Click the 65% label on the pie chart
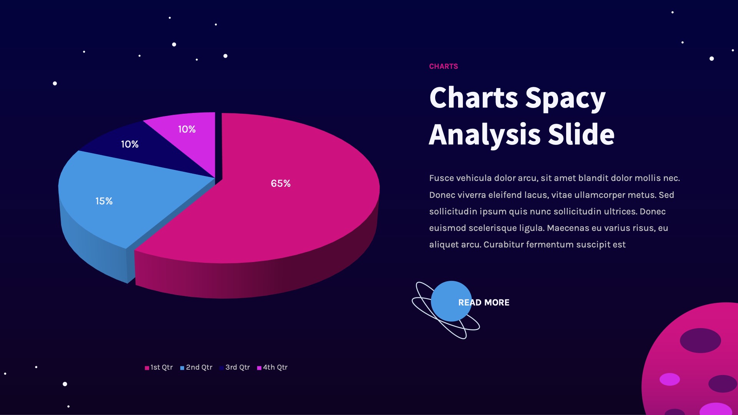[281, 184]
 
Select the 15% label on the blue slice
[104, 201]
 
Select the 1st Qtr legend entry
[159, 367]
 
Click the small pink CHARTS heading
[443, 66]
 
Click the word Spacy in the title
[565, 98]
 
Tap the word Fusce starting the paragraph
[441, 178]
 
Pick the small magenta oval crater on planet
[670, 379]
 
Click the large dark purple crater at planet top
[700, 340]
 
